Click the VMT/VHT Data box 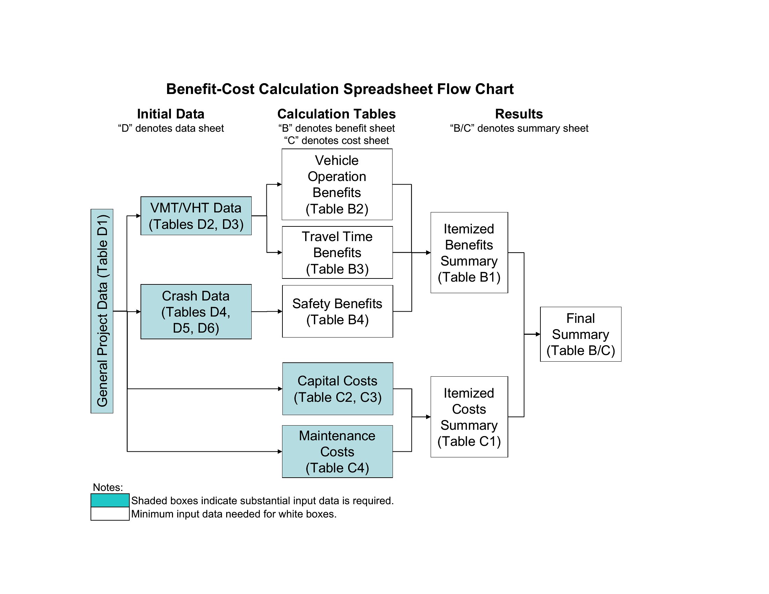[196, 216]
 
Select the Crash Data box [196, 311]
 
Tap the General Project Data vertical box [102, 311]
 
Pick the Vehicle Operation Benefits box [337, 184]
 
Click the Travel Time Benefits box [337, 252]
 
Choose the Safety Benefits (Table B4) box [337, 311]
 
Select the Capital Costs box [338, 389]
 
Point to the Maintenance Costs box [337, 451]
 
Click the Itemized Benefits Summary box [469, 253]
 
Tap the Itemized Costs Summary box [469, 417]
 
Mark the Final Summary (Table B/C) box [581, 334]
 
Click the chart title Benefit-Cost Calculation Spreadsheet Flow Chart [340, 89]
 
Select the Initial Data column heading [171, 114]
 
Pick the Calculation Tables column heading [337, 114]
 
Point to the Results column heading [519, 114]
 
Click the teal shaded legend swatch [110, 500]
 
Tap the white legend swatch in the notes [110, 514]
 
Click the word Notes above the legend [108, 487]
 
